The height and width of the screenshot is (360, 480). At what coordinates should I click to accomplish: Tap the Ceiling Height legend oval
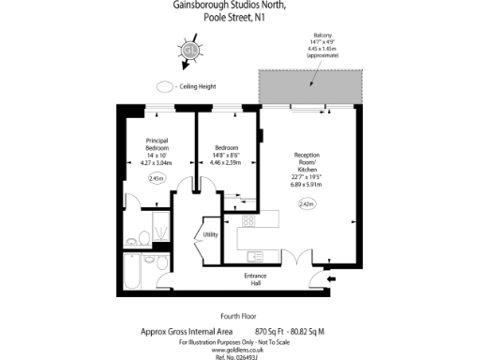(165, 86)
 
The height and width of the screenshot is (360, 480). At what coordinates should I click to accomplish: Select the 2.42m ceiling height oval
(307, 203)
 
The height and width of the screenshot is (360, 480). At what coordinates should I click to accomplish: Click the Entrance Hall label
(256, 279)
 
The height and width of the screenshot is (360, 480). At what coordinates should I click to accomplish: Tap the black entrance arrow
(331, 277)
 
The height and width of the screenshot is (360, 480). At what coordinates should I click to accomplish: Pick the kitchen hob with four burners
(249, 221)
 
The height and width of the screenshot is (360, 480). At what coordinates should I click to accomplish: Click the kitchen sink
(252, 252)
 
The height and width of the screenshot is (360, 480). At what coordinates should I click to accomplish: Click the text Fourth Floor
(239, 316)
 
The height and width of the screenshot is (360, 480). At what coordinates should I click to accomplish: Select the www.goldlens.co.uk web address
(240, 347)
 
